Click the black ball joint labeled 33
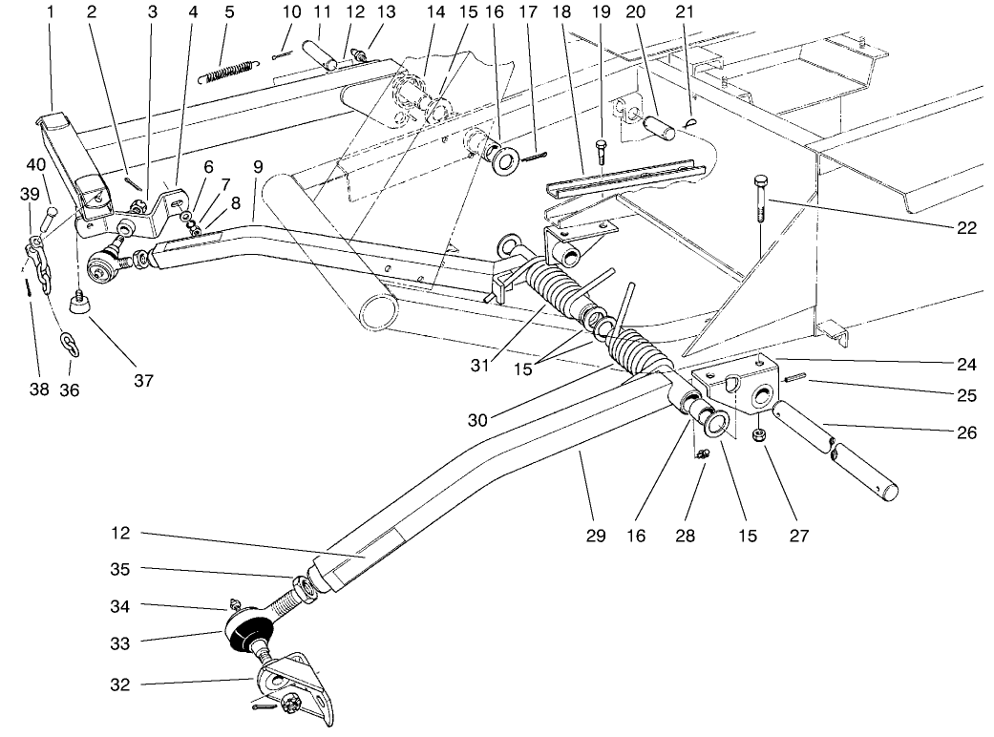[x=249, y=633]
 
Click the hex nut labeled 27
[x=760, y=435]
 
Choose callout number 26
[x=966, y=433]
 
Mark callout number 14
[x=436, y=12]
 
